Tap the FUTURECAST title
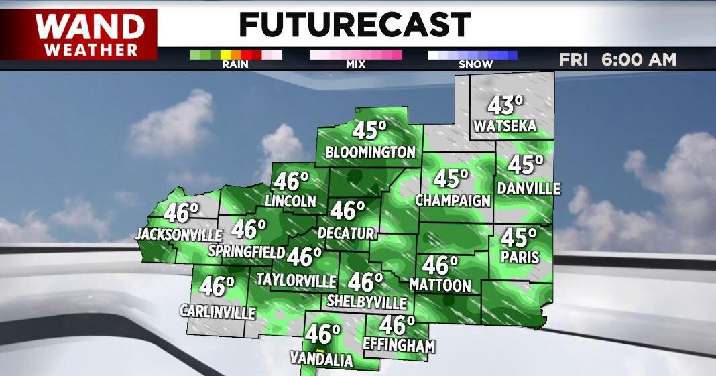(x=355, y=25)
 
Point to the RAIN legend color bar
(x=235, y=55)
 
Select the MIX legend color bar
(x=355, y=55)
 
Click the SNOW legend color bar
(x=473, y=55)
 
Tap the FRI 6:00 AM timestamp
(x=617, y=59)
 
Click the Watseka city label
(x=504, y=126)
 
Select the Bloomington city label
(x=370, y=152)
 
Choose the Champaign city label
(x=453, y=200)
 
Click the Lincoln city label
(x=290, y=201)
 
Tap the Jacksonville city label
(x=178, y=235)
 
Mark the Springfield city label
(x=247, y=252)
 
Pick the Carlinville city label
(x=218, y=312)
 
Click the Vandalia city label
(x=321, y=360)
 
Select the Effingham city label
(x=398, y=347)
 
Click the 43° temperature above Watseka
(x=505, y=105)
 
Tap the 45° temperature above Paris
(x=520, y=237)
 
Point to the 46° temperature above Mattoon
(x=440, y=265)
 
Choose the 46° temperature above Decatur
(x=347, y=210)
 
